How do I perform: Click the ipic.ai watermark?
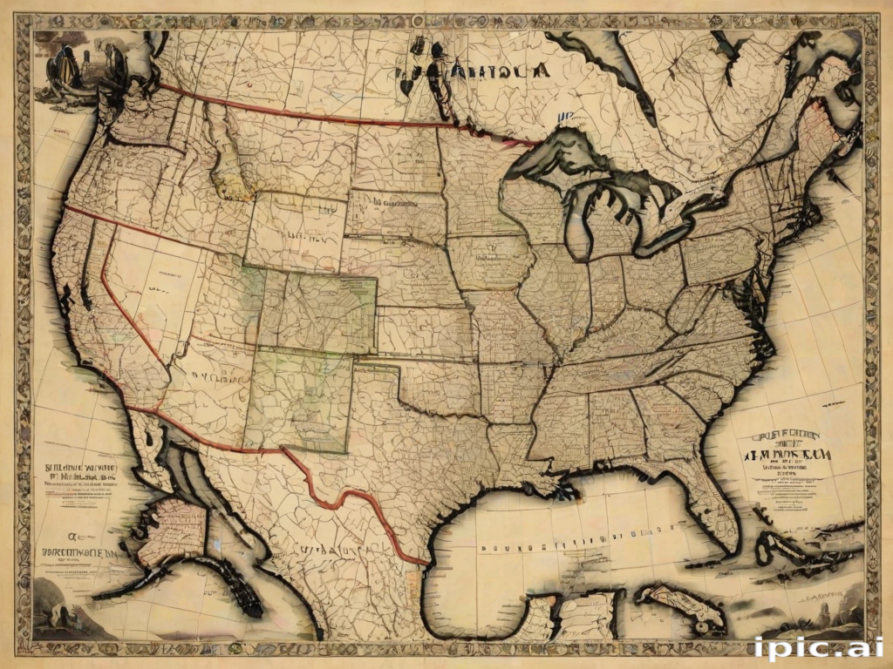[818, 648]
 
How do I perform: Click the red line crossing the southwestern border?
[349, 497]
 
